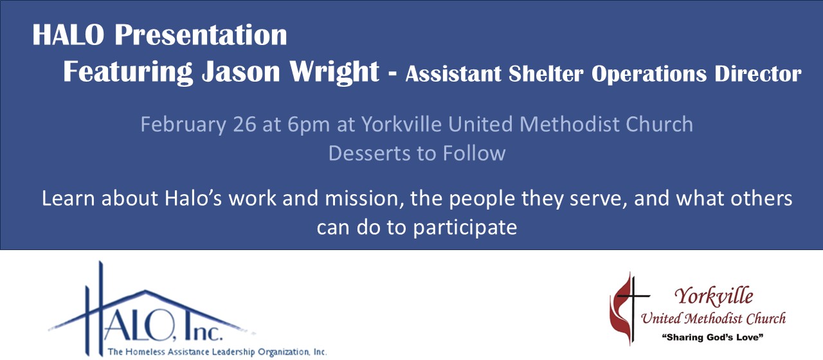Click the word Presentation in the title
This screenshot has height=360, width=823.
coord(201,35)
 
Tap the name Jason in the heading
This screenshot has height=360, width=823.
coord(241,72)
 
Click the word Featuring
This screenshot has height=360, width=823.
coord(128,73)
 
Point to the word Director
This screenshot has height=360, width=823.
coord(757,74)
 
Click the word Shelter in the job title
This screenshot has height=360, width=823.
coord(546,74)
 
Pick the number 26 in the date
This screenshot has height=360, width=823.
coord(244,124)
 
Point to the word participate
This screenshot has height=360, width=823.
coord(465,228)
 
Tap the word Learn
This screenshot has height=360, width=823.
coord(69,199)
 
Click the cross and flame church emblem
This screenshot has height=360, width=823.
coord(629,308)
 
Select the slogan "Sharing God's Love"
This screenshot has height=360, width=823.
coord(713,337)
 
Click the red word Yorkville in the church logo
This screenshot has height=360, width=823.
coord(714,296)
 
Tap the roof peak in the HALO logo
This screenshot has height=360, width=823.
coord(146,291)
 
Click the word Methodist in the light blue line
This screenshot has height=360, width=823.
coord(570,124)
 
